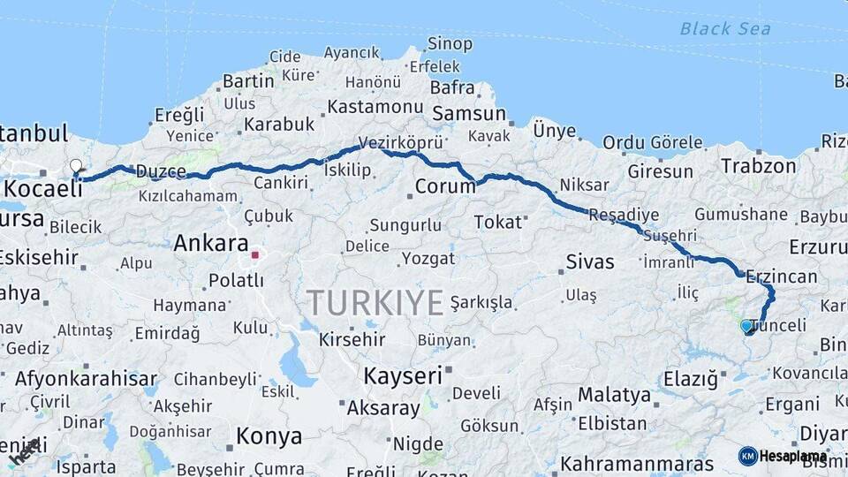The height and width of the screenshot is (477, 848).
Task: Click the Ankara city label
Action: pyautogui.click(x=210, y=243)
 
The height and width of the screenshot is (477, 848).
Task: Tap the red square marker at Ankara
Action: pyautogui.click(x=255, y=255)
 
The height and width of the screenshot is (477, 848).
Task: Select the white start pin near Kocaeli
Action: pyautogui.click(x=76, y=167)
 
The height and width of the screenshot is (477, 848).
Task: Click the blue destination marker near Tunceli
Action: pyautogui.click(x=746, y=326)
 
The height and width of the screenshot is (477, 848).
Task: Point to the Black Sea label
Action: pyautogui.click(x=724, y=28)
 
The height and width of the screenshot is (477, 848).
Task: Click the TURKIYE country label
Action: pyautogui.click(x=375, y=303)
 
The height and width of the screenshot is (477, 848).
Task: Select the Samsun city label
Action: pyautogui.click(x=468, y=114)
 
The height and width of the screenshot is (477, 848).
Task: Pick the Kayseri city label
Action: pyautogui.click(x=403, y=375)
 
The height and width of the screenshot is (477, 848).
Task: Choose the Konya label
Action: pyautogui.click(x=269, y=436)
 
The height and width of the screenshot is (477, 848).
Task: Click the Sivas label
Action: pyautogui.click(x=589, y=261)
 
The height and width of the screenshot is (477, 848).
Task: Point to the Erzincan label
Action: pyautogui.click(x=781, y=276)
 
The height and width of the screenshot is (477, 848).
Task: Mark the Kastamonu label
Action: pyautogui.click(x=375, y=107)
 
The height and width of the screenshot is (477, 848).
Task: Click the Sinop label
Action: pyautogui.click(x=450, y=43)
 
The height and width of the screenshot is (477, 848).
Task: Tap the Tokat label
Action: pyautogui.click(x=498, y=222)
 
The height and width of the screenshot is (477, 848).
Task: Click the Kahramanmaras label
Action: pyautogui.click(x=637, y=464)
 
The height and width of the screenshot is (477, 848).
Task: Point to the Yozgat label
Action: pyautogui.click(x=428, y=259)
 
